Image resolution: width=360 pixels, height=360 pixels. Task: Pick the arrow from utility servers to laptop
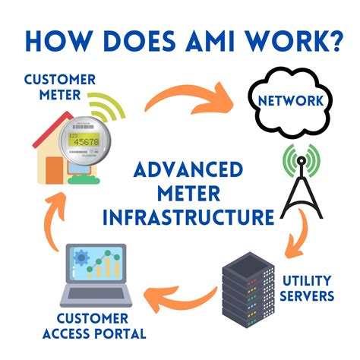tap(182, 293)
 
